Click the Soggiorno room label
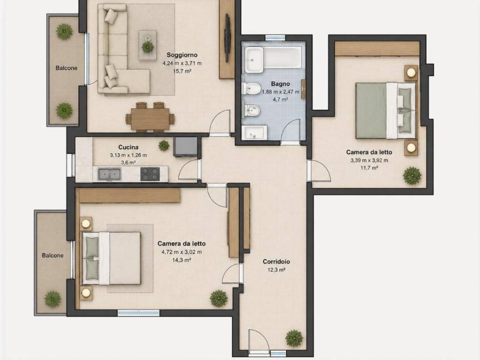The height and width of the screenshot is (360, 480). click(x=182, y=55)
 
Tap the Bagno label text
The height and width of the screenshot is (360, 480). click(x=280, y=83)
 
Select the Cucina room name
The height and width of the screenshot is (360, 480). click(x=128, y=147)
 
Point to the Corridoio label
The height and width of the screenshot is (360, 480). click(x=277, y=262)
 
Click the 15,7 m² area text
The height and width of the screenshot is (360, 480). click(x=182, y=71)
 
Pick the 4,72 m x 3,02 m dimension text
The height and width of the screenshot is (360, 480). click(x=181, y=252)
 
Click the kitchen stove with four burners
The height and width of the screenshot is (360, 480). click(x=150, y=174)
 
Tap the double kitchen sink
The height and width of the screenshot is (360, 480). click(x=109, y=174)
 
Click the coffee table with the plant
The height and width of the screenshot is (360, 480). click(x=148, y=45)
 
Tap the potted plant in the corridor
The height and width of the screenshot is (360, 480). click(x=294, y=338)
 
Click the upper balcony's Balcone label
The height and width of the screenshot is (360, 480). click(x=67, y=68)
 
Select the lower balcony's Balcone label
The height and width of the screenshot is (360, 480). click(x=52, y=255)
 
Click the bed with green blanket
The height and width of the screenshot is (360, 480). click(x=386, y=110)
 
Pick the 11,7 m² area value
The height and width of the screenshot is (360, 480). click(x=369, y=168)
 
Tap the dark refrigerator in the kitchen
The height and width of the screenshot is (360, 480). click(x=186, y=147)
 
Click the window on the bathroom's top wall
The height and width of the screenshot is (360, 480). click(x=275, y=37)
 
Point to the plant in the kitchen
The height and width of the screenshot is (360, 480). click(x=164, y=145)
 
